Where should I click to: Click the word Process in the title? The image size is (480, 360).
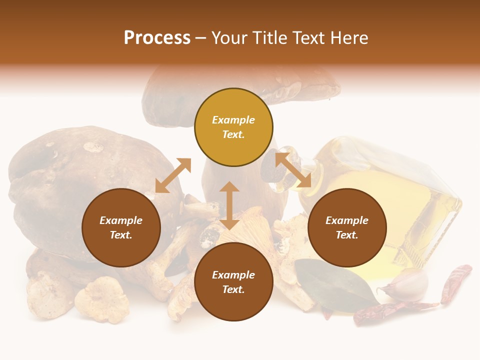157,38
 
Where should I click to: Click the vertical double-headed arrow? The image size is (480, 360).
229,205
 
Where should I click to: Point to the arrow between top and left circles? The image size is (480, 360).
173,175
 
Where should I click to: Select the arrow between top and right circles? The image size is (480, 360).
293,170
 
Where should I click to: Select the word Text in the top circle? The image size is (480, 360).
233,134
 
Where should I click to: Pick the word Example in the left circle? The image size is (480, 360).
121,220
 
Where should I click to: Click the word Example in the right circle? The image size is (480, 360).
347,220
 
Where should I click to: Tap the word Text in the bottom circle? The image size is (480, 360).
233,289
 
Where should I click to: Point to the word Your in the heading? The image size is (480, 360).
229,38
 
